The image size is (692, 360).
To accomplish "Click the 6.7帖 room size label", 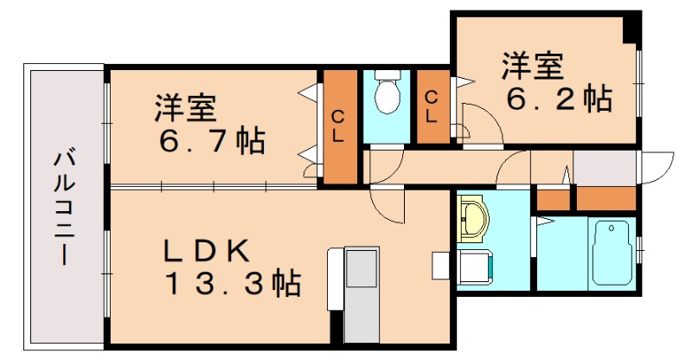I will click(x=211, y=140).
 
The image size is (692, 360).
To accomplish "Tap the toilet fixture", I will click(x=387, y=93).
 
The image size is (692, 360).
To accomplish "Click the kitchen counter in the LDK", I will click(x=360, y=294).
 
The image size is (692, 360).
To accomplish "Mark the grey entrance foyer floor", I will click(x=604, y=167).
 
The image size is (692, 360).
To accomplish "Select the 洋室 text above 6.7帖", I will click(x=184, y=109).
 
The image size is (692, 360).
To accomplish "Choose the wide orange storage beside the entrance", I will click(x=605, y=198).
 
